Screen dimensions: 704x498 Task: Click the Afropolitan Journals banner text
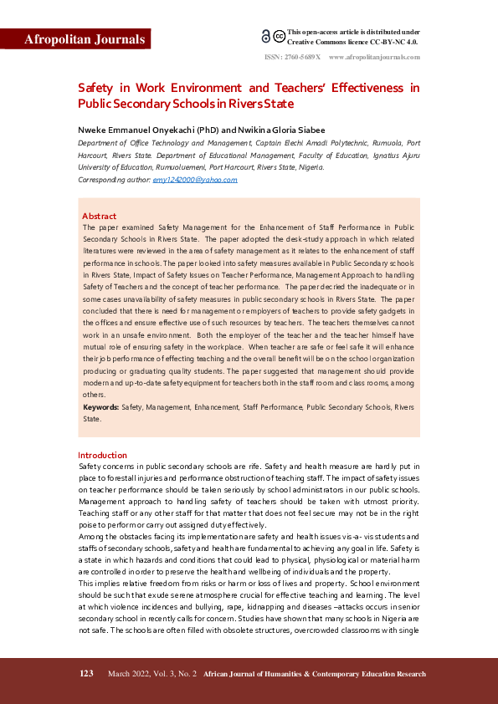tap(85, 39)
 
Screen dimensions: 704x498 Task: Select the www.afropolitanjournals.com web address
tap(374, 57)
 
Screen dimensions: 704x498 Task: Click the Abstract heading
tap(99, 216)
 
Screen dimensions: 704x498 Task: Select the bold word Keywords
tap(100, 407)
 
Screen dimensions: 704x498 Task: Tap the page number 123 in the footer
tap(86, 674)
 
